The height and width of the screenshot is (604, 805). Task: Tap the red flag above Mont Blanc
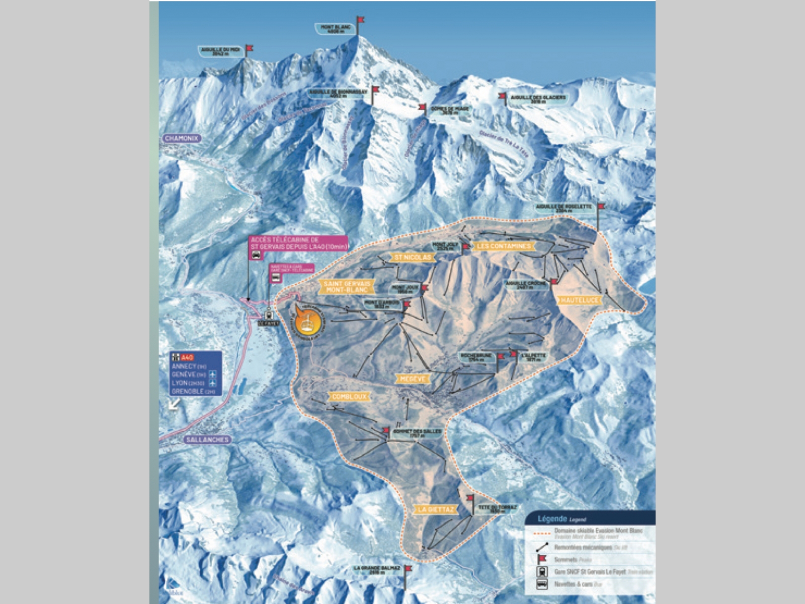(360, 20)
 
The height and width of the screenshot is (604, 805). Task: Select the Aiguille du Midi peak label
(220, 51)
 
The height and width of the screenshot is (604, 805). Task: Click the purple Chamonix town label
(182, 138)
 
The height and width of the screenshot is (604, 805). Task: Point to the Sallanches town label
(207, 439)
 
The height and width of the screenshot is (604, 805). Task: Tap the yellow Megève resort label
(412, 379)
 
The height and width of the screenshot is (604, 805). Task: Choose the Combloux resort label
(350, 397)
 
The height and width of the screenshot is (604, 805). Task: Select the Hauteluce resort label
(580, 300)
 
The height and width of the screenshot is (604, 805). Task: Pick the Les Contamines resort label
(504, 246)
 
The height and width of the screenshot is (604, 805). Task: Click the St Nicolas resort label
(413, 257)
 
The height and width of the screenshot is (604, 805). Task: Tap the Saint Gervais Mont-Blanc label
(347, 287)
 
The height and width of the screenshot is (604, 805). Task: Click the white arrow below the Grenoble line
(175, 404)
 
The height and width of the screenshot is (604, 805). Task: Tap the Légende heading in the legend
(552, 518)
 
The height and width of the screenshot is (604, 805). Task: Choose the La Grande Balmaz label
(377, 570)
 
